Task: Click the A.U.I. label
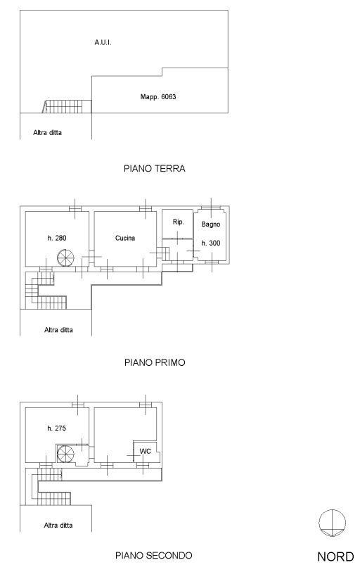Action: point(103,42)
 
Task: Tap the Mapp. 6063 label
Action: point(158,96)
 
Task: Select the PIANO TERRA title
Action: point(154,169)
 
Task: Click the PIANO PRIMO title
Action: point(155,362)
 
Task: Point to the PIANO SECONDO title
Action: point(153,556)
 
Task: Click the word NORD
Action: point(335,557)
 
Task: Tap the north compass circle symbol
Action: point(333,523)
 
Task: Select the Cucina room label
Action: point(125,239)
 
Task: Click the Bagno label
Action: point(211,224)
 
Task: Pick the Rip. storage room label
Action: point(179,222)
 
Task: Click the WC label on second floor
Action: point(145,451)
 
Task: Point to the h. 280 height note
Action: point(57,239)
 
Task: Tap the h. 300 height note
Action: point(211,243)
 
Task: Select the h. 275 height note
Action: point(56,428)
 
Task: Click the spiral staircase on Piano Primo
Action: point(65,258)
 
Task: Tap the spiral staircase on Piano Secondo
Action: point(65,455)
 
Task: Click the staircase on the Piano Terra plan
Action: point(67,106)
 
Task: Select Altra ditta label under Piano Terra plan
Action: point(47,133)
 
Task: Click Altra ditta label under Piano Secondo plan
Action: point(58,526)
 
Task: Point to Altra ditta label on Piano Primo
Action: point(59,330)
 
